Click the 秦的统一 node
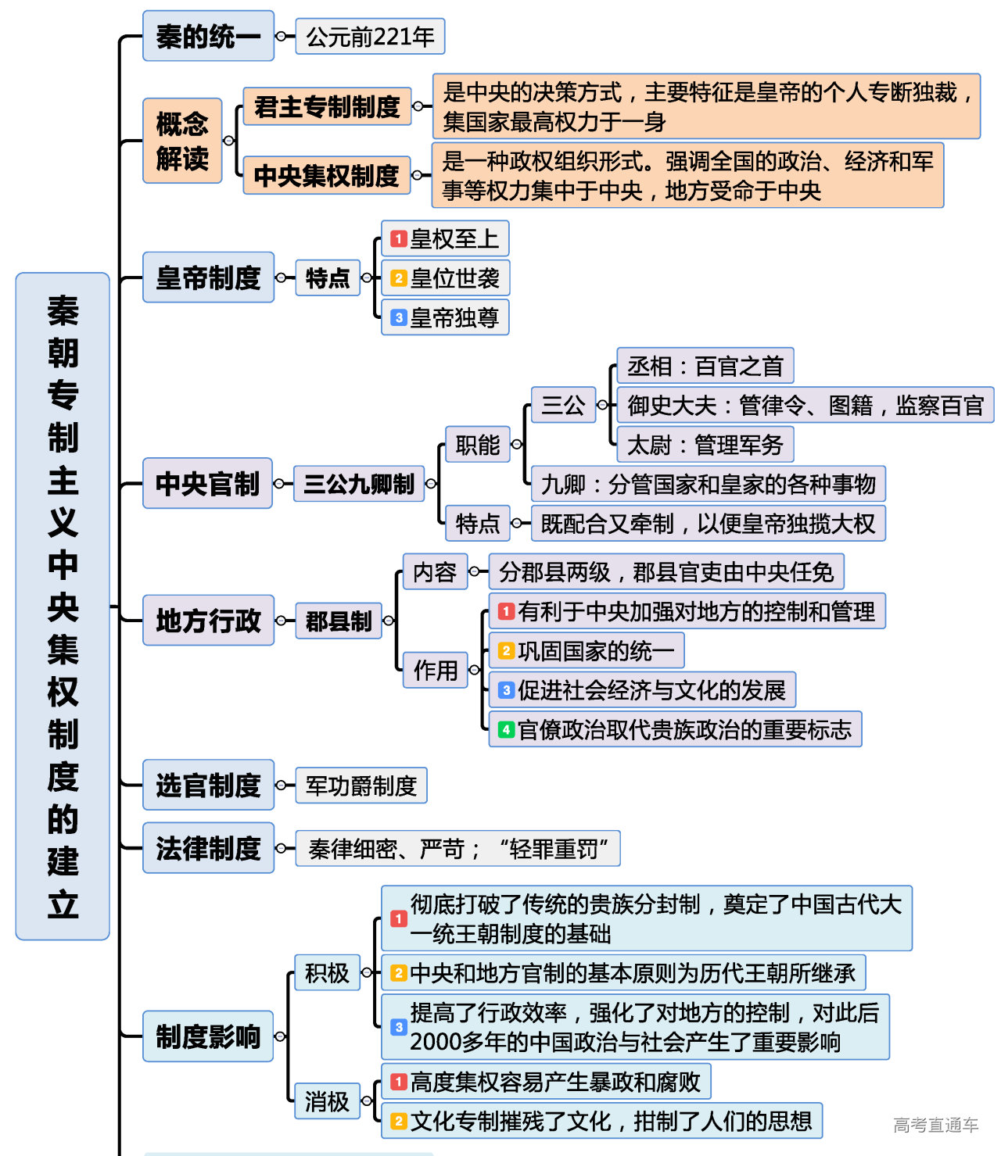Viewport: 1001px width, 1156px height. point(208,36)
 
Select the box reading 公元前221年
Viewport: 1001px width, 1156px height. point(370,37)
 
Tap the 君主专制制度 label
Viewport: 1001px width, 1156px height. point(327,106)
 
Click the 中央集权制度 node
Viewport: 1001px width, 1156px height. point(327,175)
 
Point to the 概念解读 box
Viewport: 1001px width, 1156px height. point(182,141)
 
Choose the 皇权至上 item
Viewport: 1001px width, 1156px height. point(445,238)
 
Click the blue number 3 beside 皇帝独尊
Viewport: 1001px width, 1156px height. point(399,317)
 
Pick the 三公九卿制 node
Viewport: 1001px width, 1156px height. point(359,484)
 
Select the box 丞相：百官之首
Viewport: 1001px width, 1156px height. point(705,366)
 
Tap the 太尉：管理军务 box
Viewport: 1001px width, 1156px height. point(705,445)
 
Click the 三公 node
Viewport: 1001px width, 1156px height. point(563,405)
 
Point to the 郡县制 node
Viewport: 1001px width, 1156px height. point(339,621)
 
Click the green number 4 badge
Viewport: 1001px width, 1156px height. point(506,730)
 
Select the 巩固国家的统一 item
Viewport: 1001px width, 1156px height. point(587,650)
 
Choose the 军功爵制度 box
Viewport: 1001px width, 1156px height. point(361,786)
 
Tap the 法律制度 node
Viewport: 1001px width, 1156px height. point(208,848)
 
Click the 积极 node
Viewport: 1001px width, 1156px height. point(327,973)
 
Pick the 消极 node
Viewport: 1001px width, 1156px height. point(327,1101)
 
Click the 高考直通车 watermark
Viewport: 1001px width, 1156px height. point(935,1125)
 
